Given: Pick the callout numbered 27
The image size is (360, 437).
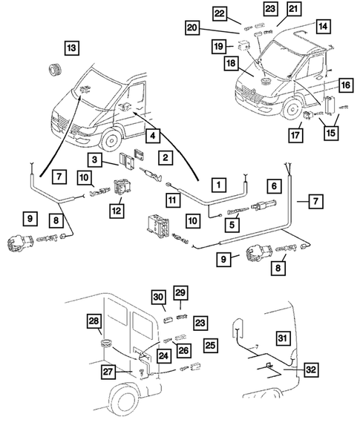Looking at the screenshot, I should pos(109,373).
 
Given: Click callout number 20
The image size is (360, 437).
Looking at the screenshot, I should pos(193,27).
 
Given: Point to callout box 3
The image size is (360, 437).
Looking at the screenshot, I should pos(96,160).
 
